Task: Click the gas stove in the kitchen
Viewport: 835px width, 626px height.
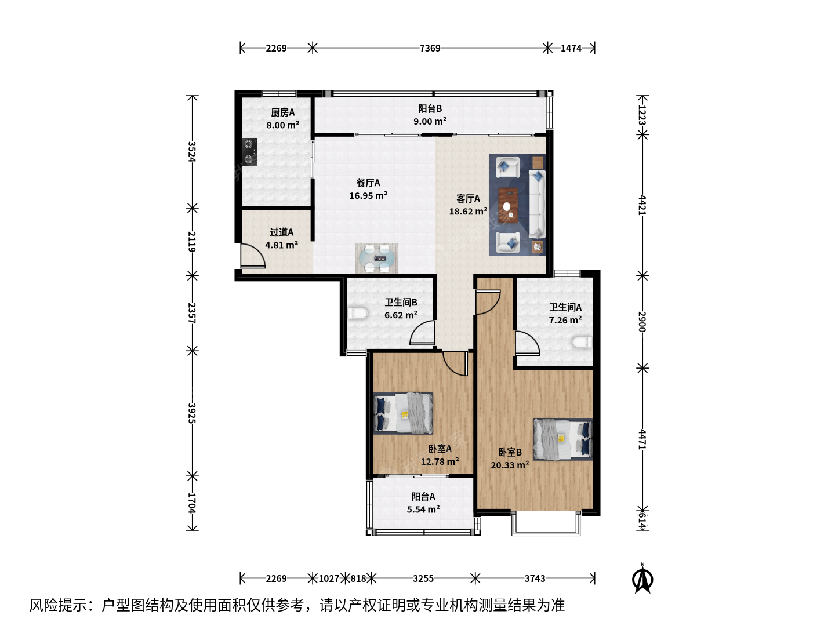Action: [249, 152]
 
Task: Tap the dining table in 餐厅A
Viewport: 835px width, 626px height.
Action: [377, 259]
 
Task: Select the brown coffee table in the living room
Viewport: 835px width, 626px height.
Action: [508, 205]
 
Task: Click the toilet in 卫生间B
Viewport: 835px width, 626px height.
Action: [358, 314]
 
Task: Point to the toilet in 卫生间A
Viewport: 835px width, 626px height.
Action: [582, 343]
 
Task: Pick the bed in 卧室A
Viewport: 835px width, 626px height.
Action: [403, 413]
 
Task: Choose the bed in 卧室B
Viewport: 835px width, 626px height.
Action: [563, 439]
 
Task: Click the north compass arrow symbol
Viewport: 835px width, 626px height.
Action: [642, 579]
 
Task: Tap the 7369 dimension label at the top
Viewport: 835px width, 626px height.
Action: [430, 48]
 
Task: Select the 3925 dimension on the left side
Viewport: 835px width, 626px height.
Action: [192, 413]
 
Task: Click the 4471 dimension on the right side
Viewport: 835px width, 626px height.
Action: [642, 439]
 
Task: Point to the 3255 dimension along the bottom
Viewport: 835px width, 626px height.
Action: [423, 578]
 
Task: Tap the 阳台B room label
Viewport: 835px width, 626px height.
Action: [430, 109]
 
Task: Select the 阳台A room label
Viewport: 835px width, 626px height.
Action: [423, 496]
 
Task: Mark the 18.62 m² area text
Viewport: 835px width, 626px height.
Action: [468, 212]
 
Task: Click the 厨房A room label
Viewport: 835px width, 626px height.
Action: [282, 112]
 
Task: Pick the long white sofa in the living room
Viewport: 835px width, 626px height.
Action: [537, 204]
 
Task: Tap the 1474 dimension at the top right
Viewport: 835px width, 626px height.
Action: [571, 48]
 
